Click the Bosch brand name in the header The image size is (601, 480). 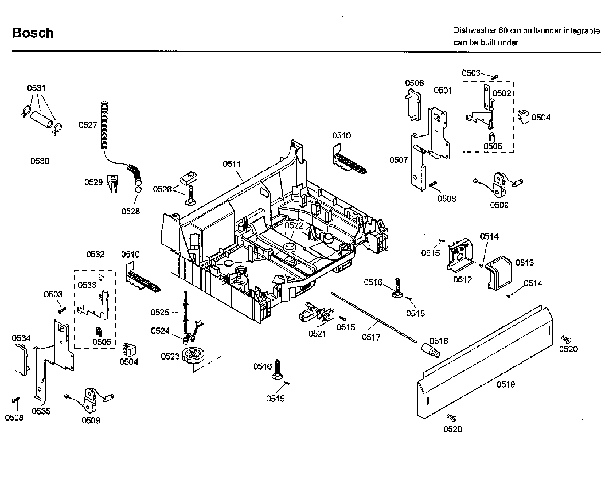click(33, 33)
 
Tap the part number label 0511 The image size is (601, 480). click(232, 164)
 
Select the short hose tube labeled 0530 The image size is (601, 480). click(41, 121)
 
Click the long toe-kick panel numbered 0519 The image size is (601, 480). click(486, 365)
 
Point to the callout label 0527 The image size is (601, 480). click(88, 125)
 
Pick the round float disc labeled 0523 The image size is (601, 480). click(193, 354)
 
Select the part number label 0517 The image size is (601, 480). click(371, 337)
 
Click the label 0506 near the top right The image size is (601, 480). click(414, 83)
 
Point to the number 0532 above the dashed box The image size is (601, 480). click(95, 255)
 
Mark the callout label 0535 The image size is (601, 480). click(41, 411)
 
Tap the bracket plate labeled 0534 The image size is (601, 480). click(21, 358)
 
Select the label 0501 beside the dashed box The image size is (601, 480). click(443, 91)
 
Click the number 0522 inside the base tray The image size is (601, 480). click(294, 225)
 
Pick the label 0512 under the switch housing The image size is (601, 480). click(463, 280)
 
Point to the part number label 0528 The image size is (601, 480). click(130, 211)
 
